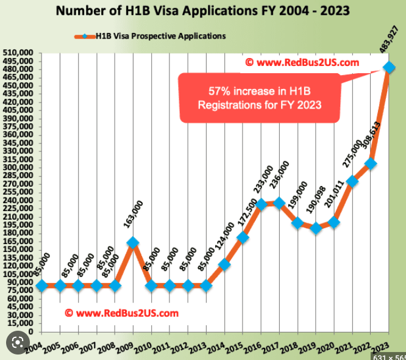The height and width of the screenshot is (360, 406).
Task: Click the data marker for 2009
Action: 133,243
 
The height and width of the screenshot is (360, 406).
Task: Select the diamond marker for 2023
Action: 388,67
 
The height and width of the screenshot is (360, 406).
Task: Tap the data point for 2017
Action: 279,203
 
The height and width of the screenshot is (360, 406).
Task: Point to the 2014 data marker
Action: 224,264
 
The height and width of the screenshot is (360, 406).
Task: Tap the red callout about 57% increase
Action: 257,97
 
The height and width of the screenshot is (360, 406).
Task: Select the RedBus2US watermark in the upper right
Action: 302,62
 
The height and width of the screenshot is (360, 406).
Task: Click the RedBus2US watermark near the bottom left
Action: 121,313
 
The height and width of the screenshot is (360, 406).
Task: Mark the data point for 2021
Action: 352,181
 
